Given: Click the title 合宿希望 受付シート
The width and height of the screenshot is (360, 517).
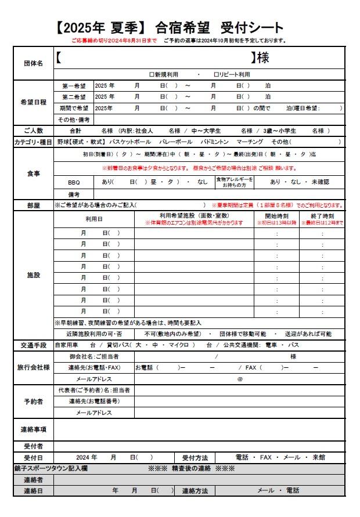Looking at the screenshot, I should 219,27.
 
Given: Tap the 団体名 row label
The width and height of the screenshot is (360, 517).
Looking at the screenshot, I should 33,63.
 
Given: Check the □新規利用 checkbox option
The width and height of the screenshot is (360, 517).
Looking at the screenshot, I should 164,74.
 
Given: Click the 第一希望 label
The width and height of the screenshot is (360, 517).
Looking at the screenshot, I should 74,85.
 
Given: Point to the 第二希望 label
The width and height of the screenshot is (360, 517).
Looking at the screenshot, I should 74,96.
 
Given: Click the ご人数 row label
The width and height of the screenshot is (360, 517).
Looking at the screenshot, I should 33,131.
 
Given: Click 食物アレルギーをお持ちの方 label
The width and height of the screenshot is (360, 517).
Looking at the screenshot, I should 235,182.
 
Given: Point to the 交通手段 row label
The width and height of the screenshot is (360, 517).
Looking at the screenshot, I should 33,345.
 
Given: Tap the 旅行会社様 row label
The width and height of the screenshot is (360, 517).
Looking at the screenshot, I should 33,367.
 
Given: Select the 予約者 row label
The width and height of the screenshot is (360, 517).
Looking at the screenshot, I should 33,401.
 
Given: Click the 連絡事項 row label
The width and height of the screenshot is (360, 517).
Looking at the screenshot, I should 33,430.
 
